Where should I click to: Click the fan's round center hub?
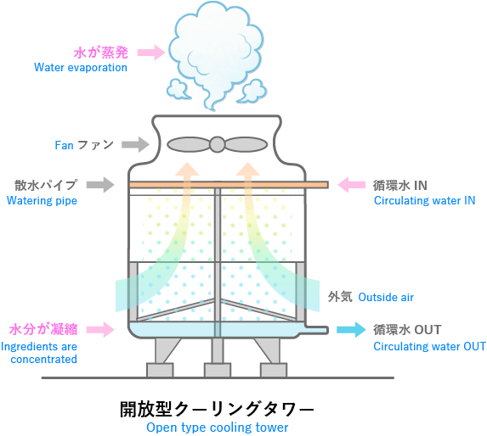point(217,144)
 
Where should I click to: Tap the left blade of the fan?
point(189,144)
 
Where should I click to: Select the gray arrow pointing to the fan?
point(135,144)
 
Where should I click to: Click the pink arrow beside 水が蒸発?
point(151,52)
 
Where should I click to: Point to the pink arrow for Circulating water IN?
point(351,185)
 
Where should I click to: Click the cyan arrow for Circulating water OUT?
point(351,329)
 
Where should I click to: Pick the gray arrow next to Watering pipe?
point(100,185)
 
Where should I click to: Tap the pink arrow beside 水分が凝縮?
point(100,329)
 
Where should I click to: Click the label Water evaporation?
point(81,67)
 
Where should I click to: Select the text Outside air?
point(386,297)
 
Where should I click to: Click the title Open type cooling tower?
point(217,428)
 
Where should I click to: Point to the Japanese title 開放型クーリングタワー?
point(217,409)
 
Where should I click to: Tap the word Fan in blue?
point(64,145)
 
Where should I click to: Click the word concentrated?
point(44,359)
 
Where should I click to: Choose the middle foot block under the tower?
point(218,370)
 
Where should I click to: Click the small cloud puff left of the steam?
point(178,88)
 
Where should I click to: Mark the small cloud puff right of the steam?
point(253,91)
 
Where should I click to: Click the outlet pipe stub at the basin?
point(317,330)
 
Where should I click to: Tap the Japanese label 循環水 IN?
point(400,185)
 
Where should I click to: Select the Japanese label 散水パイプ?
point(46,185)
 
